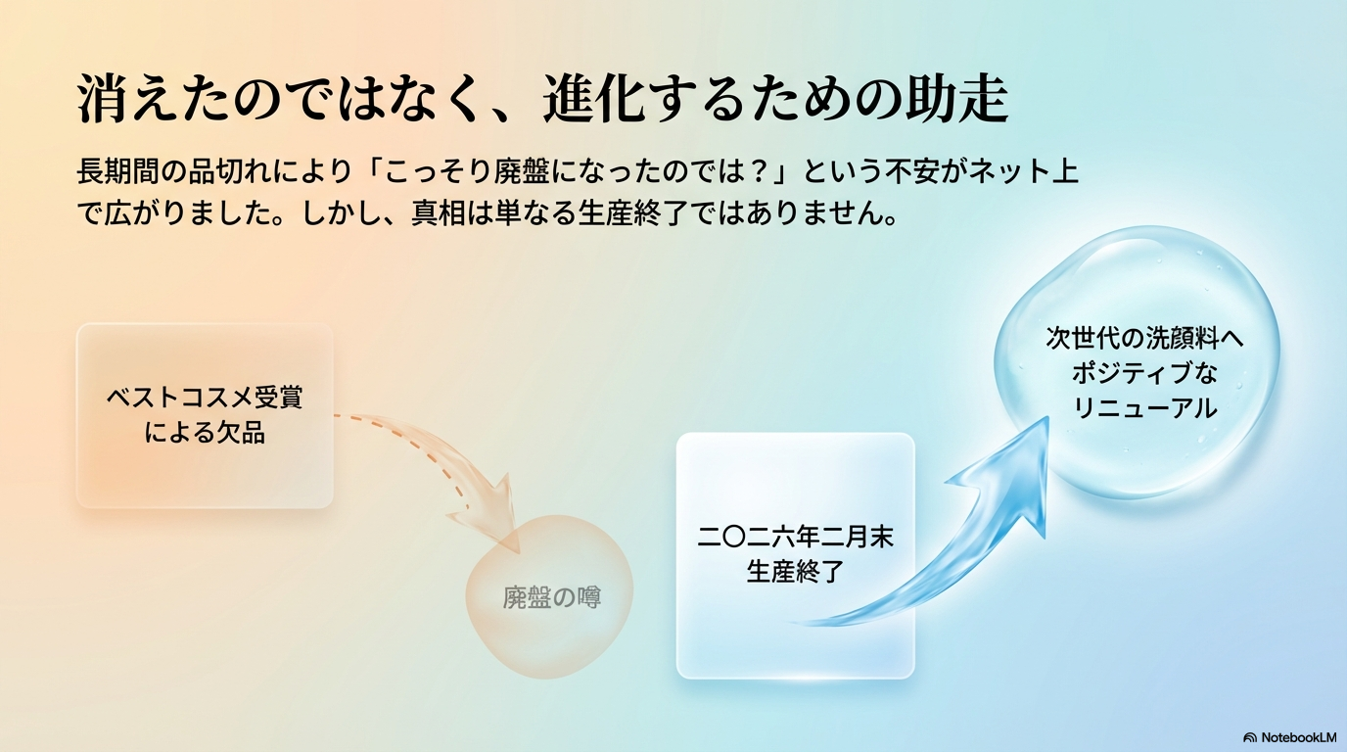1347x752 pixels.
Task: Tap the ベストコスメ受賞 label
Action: (x=205, y=399)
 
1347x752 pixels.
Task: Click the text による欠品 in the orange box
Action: (x=205, y=432)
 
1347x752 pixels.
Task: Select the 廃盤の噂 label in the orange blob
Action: (x=552, y=597)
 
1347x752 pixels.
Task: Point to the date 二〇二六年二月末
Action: (x=795, y=538)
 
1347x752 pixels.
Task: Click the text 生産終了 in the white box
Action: (x=795, y=571)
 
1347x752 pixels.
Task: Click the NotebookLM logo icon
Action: (x=1250, y=736)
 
